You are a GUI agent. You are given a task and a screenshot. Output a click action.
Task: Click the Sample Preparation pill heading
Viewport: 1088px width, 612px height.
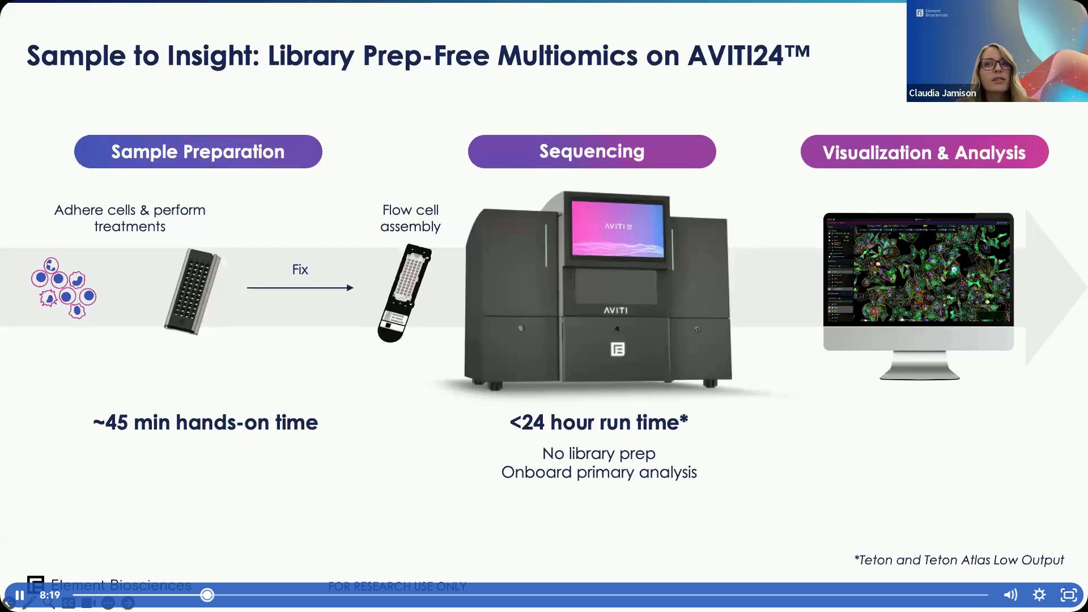click(x=198, y=152)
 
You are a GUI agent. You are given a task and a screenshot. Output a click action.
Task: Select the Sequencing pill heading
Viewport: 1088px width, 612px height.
click(x=592, y=151)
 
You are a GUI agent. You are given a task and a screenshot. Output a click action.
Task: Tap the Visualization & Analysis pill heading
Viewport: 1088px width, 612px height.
click(x=924, y=152)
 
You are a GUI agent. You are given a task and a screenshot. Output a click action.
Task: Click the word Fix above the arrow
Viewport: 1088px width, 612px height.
click(x=300, y=270)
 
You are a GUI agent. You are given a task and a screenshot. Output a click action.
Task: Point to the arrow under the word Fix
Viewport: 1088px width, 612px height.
click(x=300, y=288)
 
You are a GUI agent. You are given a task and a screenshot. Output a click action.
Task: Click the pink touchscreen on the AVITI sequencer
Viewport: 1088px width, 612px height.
click(x=617, y=228)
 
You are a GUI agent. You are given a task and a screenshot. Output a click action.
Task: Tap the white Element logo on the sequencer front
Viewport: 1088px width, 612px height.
click(x=618, y=349)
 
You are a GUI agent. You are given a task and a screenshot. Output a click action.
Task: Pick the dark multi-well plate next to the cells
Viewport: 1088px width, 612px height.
click(x=193, y=291)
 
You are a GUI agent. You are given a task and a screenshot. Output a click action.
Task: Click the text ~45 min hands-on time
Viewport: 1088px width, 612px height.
click(x=205, y=423)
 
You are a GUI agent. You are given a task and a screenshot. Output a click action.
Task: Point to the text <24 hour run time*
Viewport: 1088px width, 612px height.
click(x=598, y=423)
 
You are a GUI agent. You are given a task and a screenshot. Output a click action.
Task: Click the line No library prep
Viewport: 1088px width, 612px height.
click(x=598, y=454)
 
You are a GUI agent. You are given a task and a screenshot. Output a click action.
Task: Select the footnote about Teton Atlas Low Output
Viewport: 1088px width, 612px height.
click(x=959, y=560)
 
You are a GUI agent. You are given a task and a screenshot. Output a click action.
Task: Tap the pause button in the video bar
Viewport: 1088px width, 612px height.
click(x=19, y=595)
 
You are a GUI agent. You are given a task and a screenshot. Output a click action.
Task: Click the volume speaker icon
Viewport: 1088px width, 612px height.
click(x=1010, y=594)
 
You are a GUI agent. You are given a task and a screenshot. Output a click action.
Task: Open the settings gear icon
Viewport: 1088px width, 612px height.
click(x=1039, y=594)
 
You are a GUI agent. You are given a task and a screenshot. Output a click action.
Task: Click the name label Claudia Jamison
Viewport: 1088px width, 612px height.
click(x=942, y=93)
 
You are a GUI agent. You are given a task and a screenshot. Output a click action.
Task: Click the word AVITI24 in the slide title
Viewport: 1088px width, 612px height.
click(x=748, y=56)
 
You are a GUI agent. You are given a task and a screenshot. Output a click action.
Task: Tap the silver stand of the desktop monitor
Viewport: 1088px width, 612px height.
click(x=919, y=365)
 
